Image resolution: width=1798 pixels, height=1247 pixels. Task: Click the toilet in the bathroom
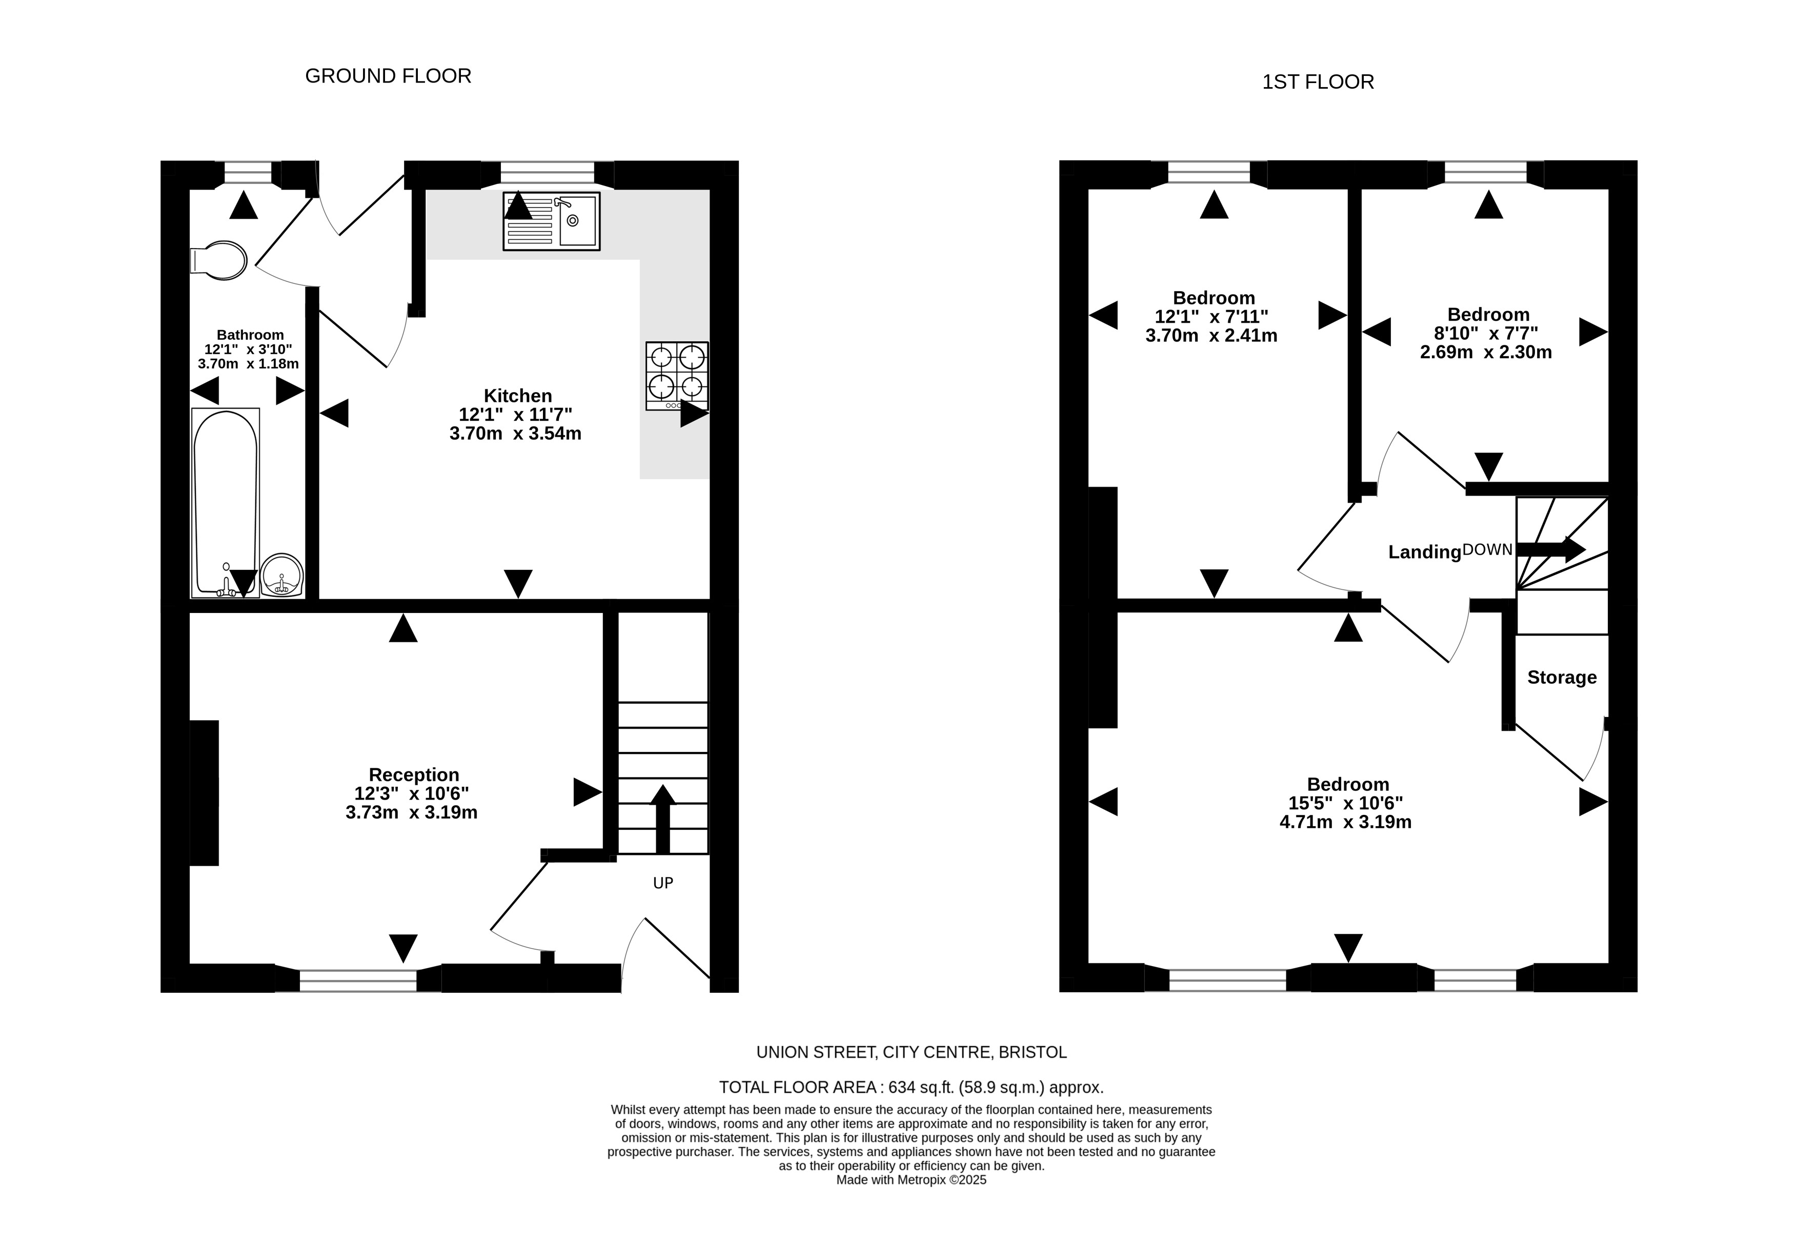[x=219, y=260]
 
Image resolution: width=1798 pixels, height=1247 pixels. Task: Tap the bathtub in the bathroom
[x=225, y=502]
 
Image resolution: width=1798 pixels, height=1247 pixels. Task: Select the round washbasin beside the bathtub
[x=281, y=576]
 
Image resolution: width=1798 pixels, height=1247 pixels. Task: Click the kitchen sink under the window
[x=552, y=221]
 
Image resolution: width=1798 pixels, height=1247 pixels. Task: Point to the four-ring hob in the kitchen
[x=677, y=376]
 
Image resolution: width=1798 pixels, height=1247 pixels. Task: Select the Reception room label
[x=413, y=774]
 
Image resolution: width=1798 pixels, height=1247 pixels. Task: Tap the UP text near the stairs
[x=662, y=883]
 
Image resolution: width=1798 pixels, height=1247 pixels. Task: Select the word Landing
[x=1424, y=553]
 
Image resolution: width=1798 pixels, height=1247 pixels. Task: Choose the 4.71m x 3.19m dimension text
[x=1346, y=822]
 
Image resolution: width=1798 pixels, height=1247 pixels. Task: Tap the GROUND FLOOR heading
[x=388, y=76]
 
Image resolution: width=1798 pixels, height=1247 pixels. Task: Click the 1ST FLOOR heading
[x=1318, y=82]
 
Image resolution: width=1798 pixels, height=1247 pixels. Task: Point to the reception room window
[x=358, y=980]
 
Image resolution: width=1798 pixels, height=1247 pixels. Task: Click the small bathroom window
[x=248, y=173]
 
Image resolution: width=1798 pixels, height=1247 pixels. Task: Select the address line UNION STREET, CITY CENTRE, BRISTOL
[x=911, y=1052]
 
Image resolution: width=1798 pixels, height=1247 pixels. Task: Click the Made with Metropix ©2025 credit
[x=911, y=1180]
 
